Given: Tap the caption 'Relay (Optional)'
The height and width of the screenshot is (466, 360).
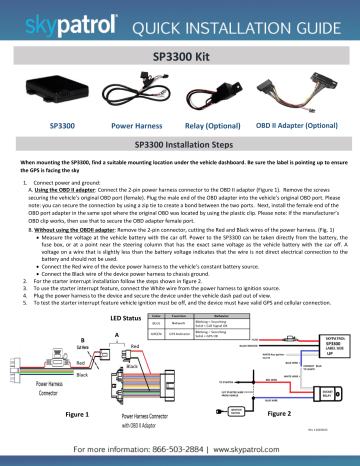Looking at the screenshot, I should tap(211, 127).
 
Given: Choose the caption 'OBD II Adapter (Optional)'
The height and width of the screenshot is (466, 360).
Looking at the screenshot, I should tap(299, 127).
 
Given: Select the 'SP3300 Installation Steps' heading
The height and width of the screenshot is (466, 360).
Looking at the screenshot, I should tap(181, 145).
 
